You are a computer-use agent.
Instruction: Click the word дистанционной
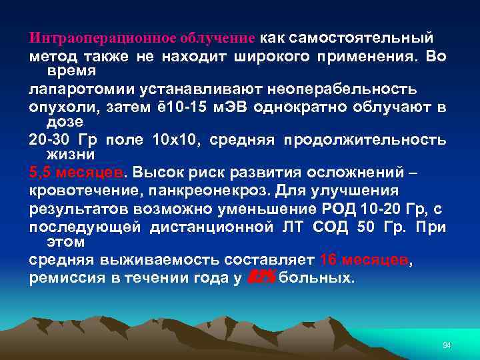210,227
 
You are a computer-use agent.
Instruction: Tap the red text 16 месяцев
363,259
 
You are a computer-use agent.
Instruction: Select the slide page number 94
447,345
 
